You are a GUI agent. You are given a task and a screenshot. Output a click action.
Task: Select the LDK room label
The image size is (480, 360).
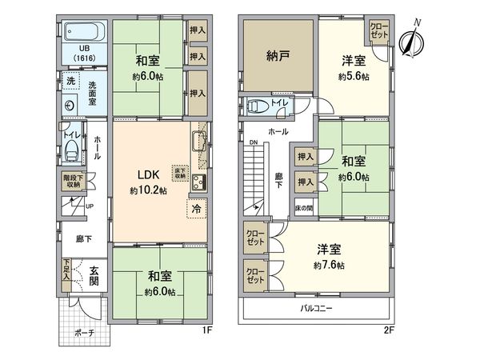148,175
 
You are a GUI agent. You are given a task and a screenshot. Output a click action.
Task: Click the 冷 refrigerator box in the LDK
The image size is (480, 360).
198,209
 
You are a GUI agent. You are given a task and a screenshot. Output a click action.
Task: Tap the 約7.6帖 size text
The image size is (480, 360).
329,266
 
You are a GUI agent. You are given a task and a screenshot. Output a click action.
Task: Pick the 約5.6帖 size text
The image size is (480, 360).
353,78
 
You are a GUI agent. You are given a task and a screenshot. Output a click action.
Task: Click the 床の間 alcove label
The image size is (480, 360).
304,209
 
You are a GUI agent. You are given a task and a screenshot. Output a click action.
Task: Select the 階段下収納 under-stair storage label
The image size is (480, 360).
71,182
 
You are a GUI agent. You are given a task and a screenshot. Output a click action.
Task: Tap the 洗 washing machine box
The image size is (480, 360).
70,82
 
